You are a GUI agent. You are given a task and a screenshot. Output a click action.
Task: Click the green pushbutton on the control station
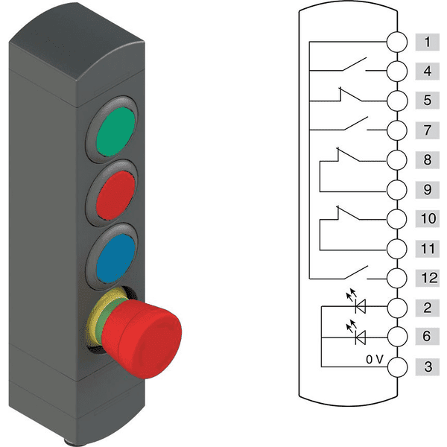coord(115,131)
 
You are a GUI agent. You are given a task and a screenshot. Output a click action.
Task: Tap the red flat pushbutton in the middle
coord(115,195)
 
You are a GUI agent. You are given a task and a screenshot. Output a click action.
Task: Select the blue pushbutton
coord(115,259)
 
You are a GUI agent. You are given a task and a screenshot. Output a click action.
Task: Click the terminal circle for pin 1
coord(397,42)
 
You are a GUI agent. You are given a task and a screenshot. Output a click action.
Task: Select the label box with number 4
coord(427,71)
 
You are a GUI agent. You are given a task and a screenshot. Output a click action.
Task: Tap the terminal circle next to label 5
coord(397,101)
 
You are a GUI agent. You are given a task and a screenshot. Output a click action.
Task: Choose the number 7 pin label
coord(427,130)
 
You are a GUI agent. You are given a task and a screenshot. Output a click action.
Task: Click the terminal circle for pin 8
coord(397,160)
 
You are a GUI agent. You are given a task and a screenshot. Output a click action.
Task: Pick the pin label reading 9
coord(427,189)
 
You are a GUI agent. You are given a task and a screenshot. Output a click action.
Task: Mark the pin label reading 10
coord(427,218)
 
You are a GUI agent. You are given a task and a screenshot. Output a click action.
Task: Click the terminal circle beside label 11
coord(397,249)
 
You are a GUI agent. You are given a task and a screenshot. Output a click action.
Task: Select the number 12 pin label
coord(427,278)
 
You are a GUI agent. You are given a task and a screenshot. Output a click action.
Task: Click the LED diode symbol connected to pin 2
coord(358,303)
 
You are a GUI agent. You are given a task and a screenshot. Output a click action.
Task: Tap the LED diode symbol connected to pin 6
coord(358,334)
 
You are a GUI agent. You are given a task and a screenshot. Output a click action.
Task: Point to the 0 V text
coord(375,360)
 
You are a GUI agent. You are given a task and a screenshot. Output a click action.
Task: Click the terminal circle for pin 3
coord(397,367)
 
